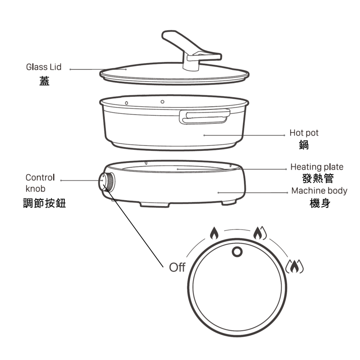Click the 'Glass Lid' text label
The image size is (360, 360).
[44, 67]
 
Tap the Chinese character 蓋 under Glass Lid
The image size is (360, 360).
[44, 81]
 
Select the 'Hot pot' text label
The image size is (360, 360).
[304, 133]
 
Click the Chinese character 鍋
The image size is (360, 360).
[304, 145]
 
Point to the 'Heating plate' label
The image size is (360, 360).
[317, 167]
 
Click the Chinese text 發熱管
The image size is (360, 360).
[317, 179]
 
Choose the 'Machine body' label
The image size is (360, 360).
[319, 190]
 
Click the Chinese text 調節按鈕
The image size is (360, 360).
[45, 203]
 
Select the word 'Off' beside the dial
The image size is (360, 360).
[177, 267]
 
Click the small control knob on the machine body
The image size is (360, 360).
[107, 182]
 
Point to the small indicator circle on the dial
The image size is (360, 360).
[237, 251]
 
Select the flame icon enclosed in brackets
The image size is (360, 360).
[294, 266]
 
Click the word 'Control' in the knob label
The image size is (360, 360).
[40, 177]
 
